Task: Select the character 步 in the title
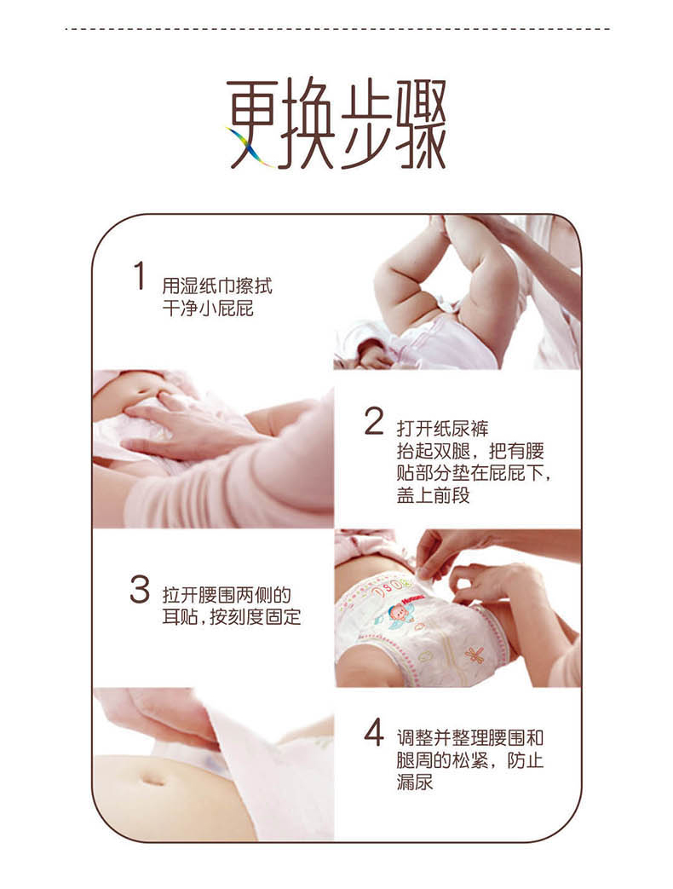(365, 124)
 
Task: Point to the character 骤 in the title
(419, 124)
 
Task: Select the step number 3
(140, 589)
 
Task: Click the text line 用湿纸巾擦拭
(217, 286)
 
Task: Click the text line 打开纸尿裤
(442, 428)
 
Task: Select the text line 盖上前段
(434, 495)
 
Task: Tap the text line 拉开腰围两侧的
(227, 595)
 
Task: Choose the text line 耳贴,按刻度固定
(231, 617)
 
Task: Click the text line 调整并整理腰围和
(470, 737)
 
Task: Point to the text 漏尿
(415, 782)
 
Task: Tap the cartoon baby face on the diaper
(400, 614)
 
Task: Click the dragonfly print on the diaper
(474, 655)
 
